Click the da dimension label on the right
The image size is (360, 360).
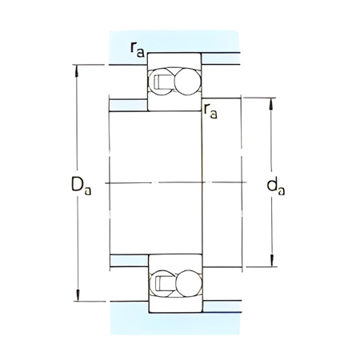click(274, 187)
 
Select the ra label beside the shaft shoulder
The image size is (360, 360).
click(211, 111)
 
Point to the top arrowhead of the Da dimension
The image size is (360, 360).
click(77, 67)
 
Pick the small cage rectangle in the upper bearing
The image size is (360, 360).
click(159, 81)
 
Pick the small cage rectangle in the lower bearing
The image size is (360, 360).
click(159, 283)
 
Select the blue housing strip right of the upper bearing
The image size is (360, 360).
click(219, 58)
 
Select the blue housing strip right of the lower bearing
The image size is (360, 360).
click(219, 307)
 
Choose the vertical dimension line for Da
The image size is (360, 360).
click(77, 128)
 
